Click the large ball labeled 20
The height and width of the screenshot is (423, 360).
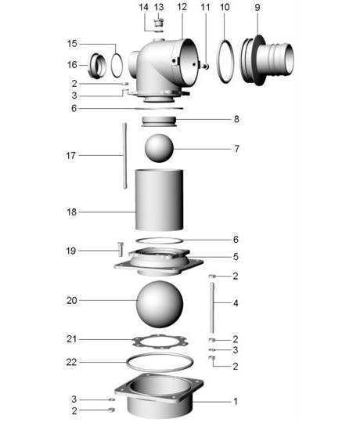coord(160,302)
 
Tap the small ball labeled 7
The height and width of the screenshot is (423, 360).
coord(159,148)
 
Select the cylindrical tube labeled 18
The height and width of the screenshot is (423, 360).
coord(160,200)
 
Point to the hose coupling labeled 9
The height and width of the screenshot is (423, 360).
coord(269,61)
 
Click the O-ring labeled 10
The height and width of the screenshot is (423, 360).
coord(225,61)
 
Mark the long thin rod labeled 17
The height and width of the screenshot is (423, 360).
coord(124,155)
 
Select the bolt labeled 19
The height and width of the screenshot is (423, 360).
coord(120,251)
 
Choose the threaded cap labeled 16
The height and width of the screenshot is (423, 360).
coord(99,64)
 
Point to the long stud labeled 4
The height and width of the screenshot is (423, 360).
coord(212,309)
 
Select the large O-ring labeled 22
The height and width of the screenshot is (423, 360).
coord(160,365)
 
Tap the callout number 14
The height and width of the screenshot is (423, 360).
coord(143,7)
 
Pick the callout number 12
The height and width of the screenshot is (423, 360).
coord(182,7)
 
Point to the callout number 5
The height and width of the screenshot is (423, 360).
coord(236,256)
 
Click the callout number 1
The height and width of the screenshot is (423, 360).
coord(236,401)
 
